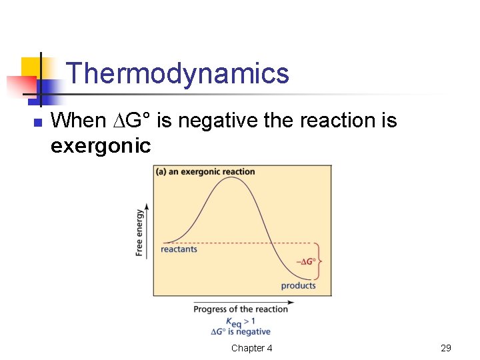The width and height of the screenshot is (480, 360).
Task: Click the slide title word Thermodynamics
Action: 178,73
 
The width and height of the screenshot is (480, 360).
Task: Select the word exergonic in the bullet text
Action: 101,145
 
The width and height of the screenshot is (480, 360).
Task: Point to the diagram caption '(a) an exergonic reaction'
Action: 205,172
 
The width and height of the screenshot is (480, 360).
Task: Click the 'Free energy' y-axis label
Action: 139,232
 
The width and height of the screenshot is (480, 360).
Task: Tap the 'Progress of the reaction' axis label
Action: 241,309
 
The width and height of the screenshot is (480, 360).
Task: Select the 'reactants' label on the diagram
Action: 179,249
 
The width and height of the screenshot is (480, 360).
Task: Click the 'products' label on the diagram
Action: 298,285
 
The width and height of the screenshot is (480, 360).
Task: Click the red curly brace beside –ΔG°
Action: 321,261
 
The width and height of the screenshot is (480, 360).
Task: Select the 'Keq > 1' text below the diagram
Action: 241,321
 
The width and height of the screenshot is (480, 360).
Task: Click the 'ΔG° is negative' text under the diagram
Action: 241,331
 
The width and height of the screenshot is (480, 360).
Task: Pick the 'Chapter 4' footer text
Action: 251,348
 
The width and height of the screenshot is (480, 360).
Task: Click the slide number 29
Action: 446,348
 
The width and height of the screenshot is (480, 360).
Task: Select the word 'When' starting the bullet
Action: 78,121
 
